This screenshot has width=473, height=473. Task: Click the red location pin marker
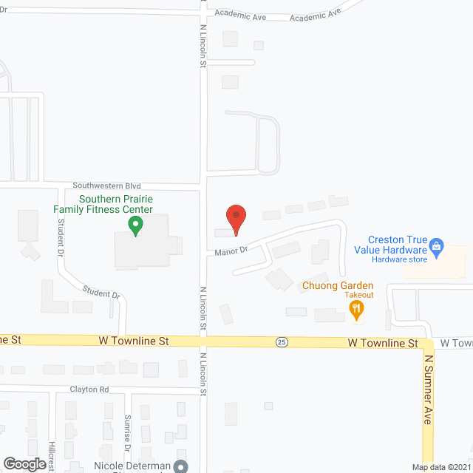click(236, 219)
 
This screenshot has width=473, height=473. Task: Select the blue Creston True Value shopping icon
click(436, 245)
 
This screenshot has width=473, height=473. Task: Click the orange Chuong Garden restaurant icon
click(357, 310)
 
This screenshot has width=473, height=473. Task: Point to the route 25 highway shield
click(282, 342)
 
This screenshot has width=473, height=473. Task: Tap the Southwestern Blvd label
click(106, 186)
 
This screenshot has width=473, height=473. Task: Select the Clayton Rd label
click(89, 389)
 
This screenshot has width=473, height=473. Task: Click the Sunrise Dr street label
click(127, 432)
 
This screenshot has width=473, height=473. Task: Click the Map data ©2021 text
click(441, 467)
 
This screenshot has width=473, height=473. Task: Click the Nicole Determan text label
click(132, 466)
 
